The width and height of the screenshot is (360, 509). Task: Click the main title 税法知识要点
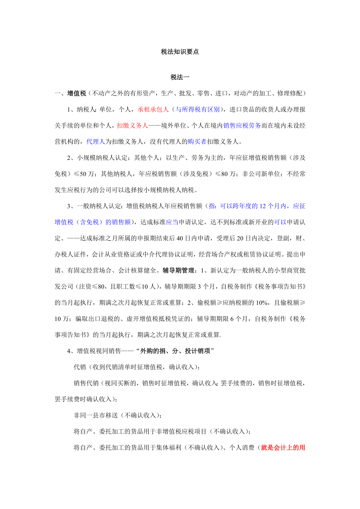pos(180,52)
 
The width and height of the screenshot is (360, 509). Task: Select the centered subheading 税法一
pos(180,77)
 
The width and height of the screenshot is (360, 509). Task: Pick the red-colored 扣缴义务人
pos(132,125)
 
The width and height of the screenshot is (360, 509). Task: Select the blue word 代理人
pos(96,142)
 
